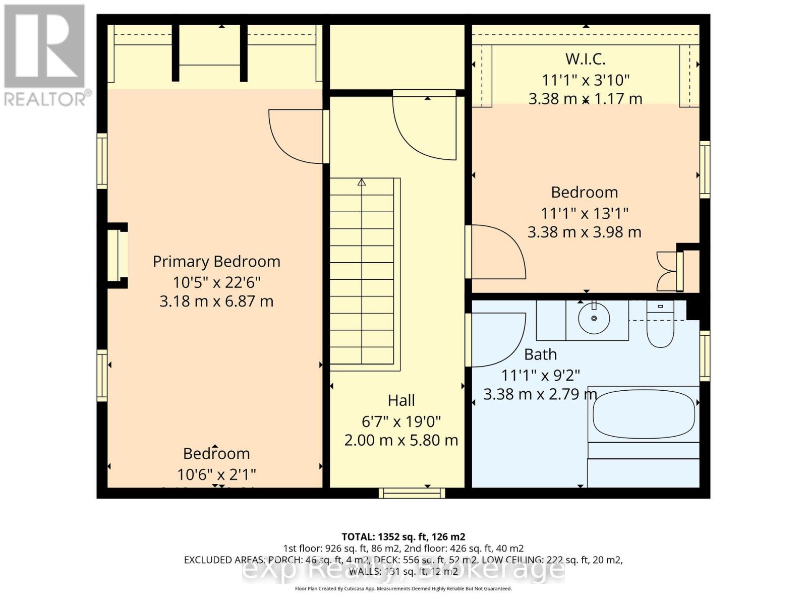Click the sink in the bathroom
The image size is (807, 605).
594,318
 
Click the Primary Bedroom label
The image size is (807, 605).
216,261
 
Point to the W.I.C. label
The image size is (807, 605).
585,59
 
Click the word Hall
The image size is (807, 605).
401,400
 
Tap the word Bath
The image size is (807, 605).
540,354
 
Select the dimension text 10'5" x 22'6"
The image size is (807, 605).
216,281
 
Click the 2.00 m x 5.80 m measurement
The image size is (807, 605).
401,440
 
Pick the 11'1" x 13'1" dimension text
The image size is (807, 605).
585,213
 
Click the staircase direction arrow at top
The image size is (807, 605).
362,183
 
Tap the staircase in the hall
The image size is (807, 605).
362,272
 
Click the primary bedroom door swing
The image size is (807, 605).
295,137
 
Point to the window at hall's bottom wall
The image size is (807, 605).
412,493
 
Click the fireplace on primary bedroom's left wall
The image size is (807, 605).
118,256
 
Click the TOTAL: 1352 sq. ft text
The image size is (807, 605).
403,536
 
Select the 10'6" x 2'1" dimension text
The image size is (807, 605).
216,474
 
